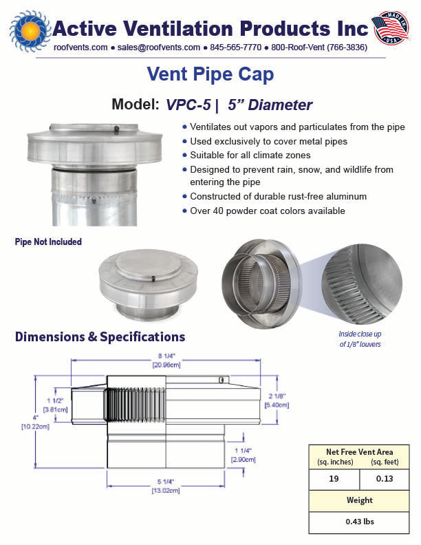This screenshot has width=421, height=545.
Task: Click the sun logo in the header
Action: point(30,31)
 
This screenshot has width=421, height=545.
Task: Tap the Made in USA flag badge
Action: point(391,28)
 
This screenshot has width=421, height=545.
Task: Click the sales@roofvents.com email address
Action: point(158,47)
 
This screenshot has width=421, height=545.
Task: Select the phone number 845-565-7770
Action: point(235,47)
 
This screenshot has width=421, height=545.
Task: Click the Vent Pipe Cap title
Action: point(210,74)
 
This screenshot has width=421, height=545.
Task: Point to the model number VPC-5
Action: point(188,105)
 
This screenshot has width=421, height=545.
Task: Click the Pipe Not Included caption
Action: point(48,242)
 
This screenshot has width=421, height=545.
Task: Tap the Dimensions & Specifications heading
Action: point(100,336)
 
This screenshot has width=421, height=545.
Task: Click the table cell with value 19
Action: point(334,479)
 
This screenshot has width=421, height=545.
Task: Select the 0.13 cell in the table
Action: point(385,479)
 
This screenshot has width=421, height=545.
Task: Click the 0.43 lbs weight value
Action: point(360,522)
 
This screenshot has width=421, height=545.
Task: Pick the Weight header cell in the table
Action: point(359,500)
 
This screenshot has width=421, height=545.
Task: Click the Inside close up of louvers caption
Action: point(360,339)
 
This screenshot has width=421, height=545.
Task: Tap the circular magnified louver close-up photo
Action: point(362,284)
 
